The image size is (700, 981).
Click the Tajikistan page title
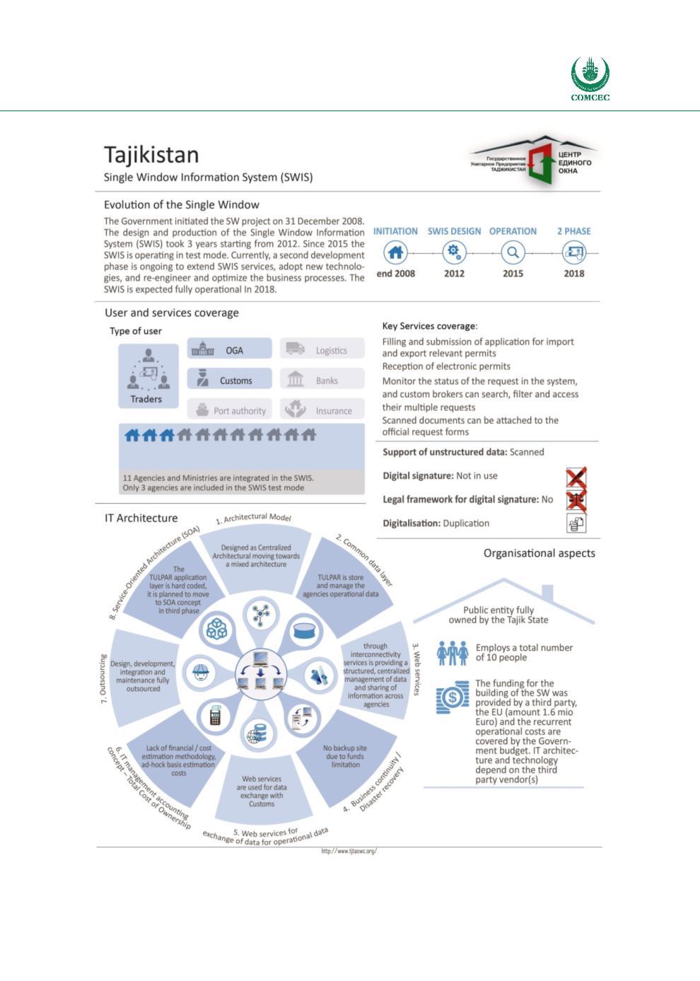coord(151,154)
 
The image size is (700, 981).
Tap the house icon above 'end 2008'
coord(396,252)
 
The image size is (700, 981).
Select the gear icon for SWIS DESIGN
coord(454,252)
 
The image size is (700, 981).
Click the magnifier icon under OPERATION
coord(513,252)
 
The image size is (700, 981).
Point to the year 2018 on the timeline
coord(573,273)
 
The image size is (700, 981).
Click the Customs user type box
coord(229,380)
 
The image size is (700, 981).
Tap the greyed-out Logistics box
coord(322,349)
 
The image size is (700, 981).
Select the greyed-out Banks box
coord(322,380)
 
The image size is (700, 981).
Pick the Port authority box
coord(229,410)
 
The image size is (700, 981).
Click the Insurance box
coord(322,410)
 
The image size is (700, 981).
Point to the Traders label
coord(146,399)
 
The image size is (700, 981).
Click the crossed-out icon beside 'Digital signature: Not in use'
coord(576,477)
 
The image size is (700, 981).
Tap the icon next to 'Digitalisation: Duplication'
coord(576,523)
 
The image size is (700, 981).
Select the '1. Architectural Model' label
coord(254,518)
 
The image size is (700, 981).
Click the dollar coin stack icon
coord(452,697)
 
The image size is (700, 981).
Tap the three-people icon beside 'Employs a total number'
coord(453,652)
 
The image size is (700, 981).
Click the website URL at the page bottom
coord(349,851)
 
